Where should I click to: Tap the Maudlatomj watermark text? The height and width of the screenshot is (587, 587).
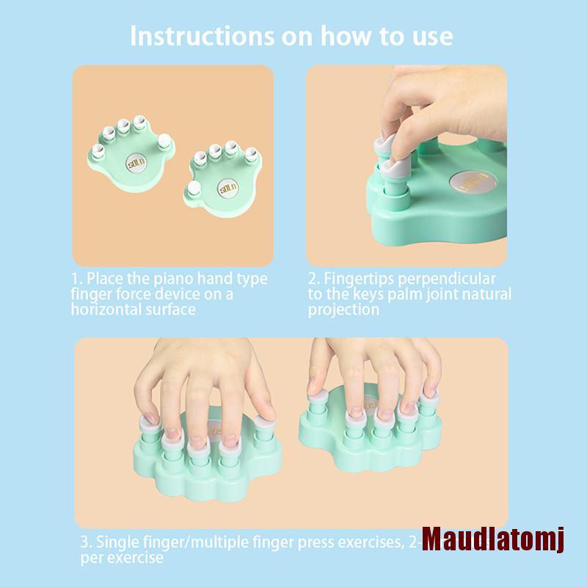tap(494, 544)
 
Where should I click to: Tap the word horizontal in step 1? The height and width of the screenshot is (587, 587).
tap(109, 309)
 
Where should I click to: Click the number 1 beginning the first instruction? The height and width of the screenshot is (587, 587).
tap(75, 280)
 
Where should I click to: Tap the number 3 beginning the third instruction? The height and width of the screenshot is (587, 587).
tap(84, 544)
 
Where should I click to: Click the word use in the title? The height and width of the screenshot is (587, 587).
tap(431, 36)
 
